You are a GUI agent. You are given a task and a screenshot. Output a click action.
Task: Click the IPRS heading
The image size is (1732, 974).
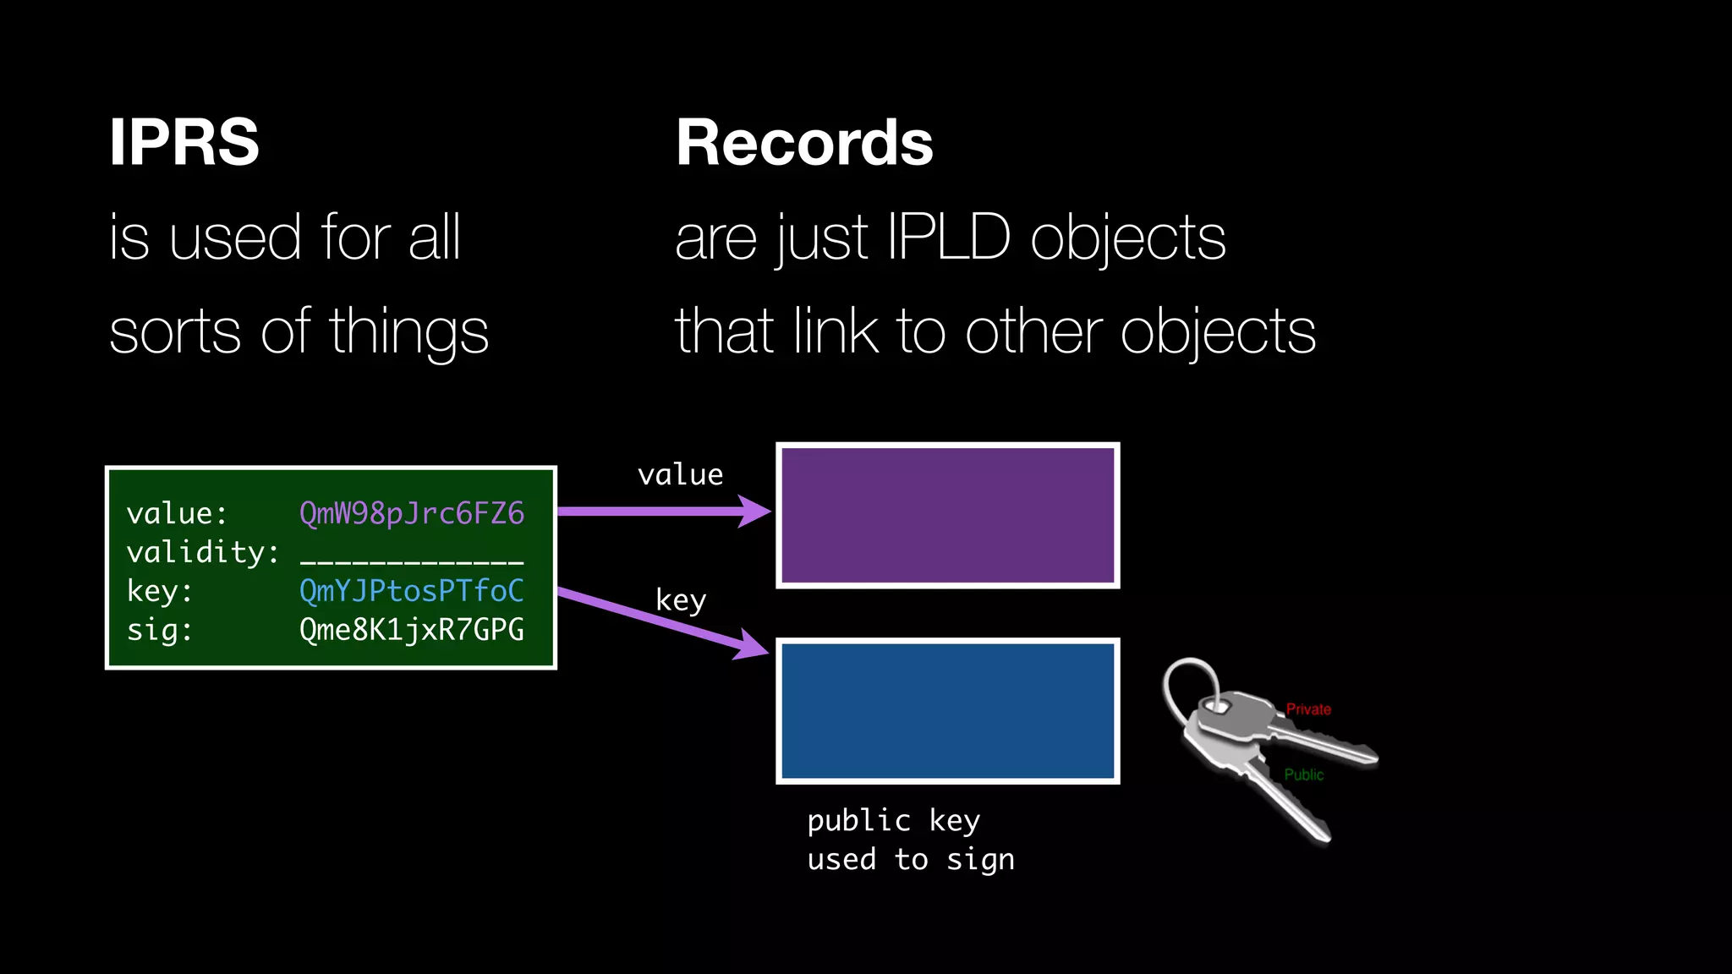(184, 142)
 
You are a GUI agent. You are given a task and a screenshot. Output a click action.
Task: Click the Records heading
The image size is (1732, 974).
(803, 142)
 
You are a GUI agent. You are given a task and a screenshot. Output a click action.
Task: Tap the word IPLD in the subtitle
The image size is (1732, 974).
(948, 238)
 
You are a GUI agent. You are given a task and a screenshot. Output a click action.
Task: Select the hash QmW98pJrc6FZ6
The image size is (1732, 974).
(411, 513)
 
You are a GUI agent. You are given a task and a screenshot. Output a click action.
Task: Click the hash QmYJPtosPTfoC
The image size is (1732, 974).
(411, 590)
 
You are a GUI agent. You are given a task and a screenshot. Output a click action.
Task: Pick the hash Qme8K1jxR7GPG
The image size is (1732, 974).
(411, 630)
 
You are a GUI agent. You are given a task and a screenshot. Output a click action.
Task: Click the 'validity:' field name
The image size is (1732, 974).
(202, 552)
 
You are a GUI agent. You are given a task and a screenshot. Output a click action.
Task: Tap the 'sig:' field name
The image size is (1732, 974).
(160, 630)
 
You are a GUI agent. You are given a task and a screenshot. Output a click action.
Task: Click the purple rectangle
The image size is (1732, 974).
(947, 515)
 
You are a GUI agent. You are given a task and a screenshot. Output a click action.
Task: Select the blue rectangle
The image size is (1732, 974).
(947, 711)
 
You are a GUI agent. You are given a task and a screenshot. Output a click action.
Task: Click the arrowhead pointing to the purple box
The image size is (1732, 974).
(752, 512)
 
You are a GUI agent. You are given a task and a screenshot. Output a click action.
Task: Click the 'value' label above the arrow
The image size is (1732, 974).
(680, 475)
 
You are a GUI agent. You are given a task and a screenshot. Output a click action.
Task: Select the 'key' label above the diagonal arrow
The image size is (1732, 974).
(680, 600)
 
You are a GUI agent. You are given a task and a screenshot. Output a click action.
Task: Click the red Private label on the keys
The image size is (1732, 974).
(1307, 709)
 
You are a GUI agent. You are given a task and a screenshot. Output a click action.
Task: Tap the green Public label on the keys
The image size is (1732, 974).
(1303, 774)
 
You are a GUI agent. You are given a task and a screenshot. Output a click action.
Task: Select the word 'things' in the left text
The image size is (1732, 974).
(408, 332)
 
